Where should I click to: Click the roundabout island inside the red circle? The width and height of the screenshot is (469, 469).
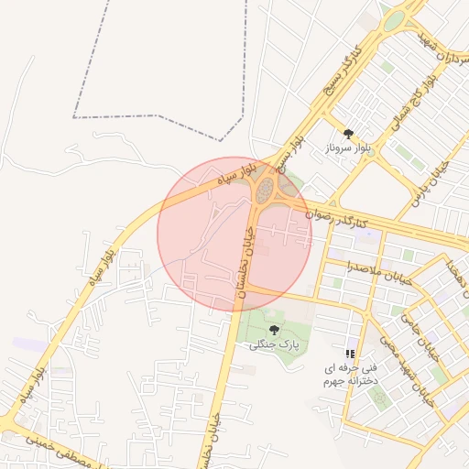point(266,191)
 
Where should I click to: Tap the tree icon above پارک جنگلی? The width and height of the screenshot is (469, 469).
point(274,330)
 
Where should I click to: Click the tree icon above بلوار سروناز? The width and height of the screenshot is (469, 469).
point(348,134)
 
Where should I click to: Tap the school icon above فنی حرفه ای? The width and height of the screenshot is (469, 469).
point(350,354)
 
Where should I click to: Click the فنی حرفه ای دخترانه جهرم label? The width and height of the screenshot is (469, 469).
point(348,373)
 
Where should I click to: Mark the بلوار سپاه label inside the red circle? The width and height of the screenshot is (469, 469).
point(229,178)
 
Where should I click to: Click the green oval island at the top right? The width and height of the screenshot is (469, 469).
point(394,19)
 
